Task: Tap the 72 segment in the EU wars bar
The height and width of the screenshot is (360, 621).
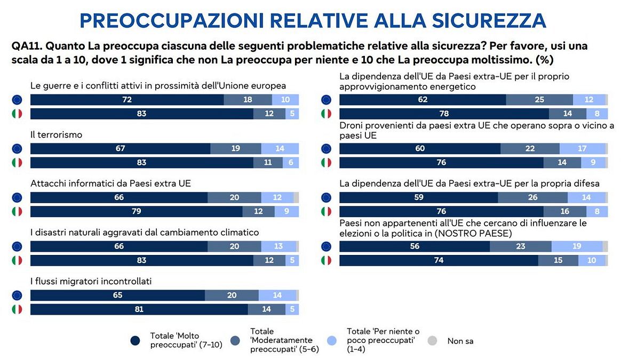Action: coord(127,100)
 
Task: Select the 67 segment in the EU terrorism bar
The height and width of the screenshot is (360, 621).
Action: coord(120,149)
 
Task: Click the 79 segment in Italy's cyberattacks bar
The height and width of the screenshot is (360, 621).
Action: coord(136,211)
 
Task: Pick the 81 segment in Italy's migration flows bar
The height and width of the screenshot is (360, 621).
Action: coord(139,309)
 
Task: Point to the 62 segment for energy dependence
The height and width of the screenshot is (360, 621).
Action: coord(423,100)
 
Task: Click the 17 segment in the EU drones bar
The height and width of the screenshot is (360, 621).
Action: coord(583,149)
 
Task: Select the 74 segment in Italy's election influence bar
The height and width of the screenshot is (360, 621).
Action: coord(439,260)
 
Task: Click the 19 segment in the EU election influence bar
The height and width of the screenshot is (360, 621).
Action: coord(577,246)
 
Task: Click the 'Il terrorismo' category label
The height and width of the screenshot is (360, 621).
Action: coord(56,135)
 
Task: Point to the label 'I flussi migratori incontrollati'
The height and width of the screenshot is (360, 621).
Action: coord(91,282)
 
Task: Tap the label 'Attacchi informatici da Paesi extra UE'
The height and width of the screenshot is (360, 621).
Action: coord(110,183)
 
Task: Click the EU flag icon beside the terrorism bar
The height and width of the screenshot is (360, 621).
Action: coord(17,149)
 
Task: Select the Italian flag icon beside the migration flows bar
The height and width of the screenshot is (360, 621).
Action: coord(17,309)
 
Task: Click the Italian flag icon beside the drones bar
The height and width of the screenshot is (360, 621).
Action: coord(326,163)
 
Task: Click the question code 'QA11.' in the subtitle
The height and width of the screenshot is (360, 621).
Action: coord(25,45)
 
